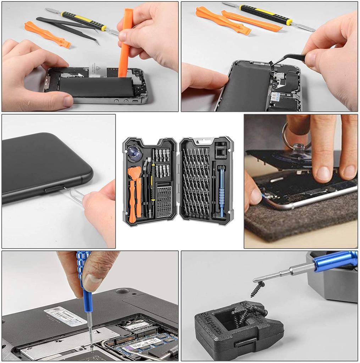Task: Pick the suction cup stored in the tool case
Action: [134, 152]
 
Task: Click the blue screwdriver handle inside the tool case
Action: [222, 191]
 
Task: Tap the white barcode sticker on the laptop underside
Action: [65, 316]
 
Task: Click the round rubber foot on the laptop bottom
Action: [122, 291]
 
